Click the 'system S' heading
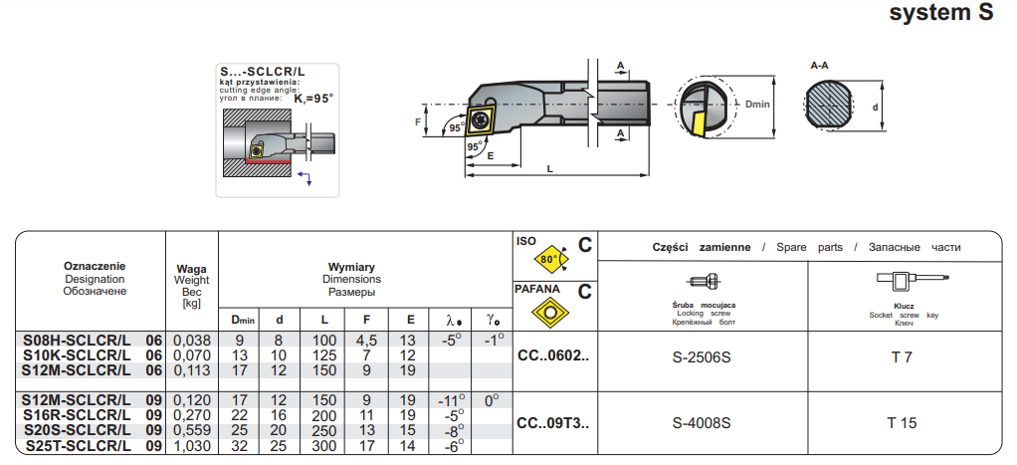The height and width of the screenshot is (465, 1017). [939, 13]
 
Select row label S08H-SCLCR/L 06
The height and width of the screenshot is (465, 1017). [93, 341]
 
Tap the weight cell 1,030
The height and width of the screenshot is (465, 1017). [192, 446]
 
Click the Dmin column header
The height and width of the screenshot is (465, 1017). [244, 320]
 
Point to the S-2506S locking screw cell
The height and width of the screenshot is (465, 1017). [702, 357]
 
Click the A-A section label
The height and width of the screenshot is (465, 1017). [820, 66]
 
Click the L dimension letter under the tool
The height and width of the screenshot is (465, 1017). [550, 169]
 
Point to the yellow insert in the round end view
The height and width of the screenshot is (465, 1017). [703, 124]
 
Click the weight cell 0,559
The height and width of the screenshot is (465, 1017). [192, 431]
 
